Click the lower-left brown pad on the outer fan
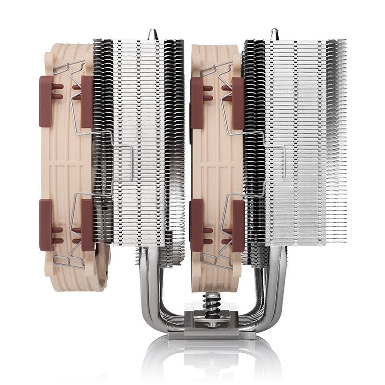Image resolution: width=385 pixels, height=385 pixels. click(46, 225)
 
